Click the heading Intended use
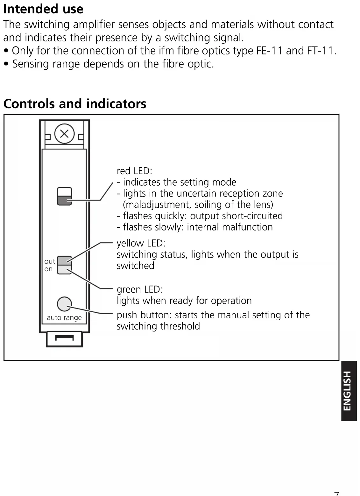(43, 9)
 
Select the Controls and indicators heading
(75, 104)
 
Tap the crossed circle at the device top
(64, 134)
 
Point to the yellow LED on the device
(64, 260)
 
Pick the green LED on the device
(64, 269)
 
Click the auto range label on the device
(64, 317)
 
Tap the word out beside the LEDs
(50, 261)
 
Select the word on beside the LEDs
(48, 269)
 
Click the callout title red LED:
(134, 171)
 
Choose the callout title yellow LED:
(141, 243)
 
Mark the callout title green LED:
(139, 289)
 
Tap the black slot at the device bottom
(64, 337)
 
